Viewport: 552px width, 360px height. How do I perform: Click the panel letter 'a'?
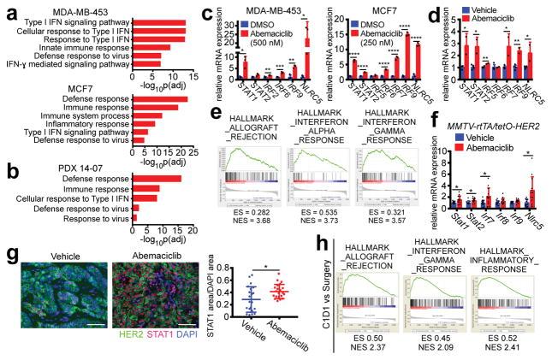[7, 9]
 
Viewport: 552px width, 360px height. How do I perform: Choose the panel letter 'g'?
[7, 233]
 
